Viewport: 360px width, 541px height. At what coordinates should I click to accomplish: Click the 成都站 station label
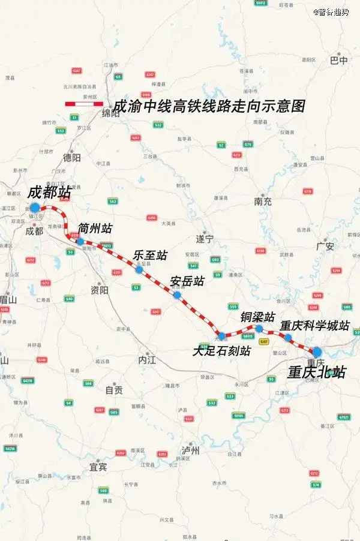[49, 193]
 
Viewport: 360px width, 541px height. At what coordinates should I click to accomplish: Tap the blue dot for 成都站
[35, 208]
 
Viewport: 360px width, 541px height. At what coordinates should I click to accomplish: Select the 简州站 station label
[95, 229]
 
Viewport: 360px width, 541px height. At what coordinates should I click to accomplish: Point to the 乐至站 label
[150, 255]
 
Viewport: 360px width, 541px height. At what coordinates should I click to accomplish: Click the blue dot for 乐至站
[139, 270]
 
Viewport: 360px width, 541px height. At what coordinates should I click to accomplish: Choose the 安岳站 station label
[187, 281]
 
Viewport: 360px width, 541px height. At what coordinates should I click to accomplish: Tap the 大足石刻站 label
[221, 351]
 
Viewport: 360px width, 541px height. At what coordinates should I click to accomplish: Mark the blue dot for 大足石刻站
[222, 336]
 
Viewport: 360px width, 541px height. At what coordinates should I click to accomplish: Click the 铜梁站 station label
[258, 316]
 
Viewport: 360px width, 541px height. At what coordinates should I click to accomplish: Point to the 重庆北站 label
[316, 372]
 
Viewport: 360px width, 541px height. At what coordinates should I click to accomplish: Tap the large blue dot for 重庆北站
[317, 352]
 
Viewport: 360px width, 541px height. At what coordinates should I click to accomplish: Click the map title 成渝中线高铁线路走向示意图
[210, 107]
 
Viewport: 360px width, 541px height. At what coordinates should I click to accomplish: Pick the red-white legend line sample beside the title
[84, 104]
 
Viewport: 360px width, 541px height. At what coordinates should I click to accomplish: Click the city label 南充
[263, 202]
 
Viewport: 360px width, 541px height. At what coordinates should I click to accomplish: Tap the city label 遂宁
[205, 239]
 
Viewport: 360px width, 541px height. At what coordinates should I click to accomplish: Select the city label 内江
[146, 360]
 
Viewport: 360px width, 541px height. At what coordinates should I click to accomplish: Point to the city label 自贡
[114, 390]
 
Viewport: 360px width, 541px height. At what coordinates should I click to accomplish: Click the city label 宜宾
[98, 466]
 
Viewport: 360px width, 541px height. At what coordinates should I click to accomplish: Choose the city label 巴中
[339, 61]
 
